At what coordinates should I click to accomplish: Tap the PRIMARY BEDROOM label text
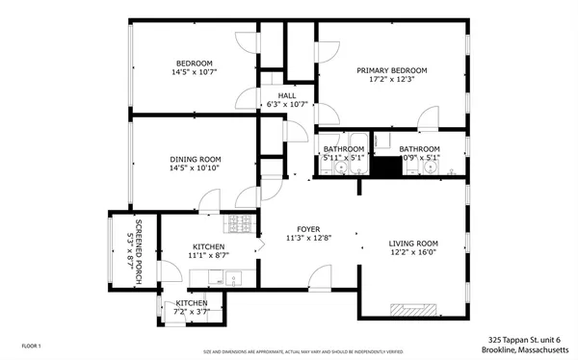tap(391, 70)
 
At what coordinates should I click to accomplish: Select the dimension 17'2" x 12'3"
tap(391, 80)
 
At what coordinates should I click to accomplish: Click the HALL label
tap(287, 95)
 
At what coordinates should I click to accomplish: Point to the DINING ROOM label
tap(196, 159)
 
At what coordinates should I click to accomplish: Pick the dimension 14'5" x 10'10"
tap(196, 168)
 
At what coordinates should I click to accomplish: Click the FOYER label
tap(308, 228)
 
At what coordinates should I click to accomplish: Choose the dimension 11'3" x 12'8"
tap(308, 238)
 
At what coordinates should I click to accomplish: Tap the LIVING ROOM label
tap(413, 244)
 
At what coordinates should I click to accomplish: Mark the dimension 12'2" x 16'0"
tap(413, 253)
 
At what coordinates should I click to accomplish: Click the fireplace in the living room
tap(412, 310)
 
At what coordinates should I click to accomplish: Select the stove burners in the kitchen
tap(238, 224)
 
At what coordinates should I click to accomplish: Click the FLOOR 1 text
tap(31, 344)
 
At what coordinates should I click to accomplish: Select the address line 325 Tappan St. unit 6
tap(529, 340)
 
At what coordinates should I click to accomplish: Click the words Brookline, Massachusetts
tap(528, 350)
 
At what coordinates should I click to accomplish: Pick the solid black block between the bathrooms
tap(386, 166)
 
